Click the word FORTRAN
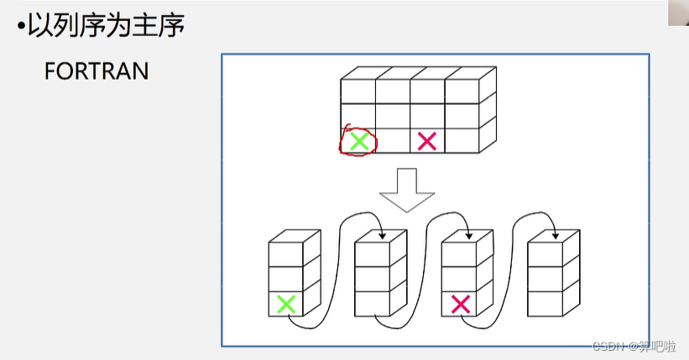(96, 70)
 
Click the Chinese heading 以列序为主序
(106, 25)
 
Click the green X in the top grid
(358, 142)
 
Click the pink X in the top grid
(427, 141)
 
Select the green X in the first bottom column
(285, 303)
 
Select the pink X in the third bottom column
(459, 303)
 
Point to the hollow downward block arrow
(406, 189)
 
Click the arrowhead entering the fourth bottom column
(554, 237)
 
